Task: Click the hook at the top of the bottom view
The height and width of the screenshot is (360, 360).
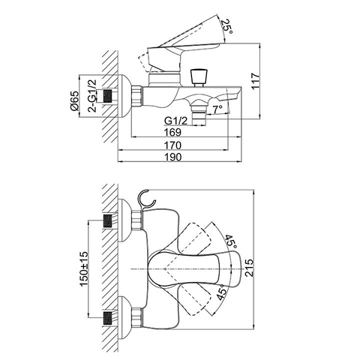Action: [148, 199]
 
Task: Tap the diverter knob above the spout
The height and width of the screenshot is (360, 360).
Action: [199, 76]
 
